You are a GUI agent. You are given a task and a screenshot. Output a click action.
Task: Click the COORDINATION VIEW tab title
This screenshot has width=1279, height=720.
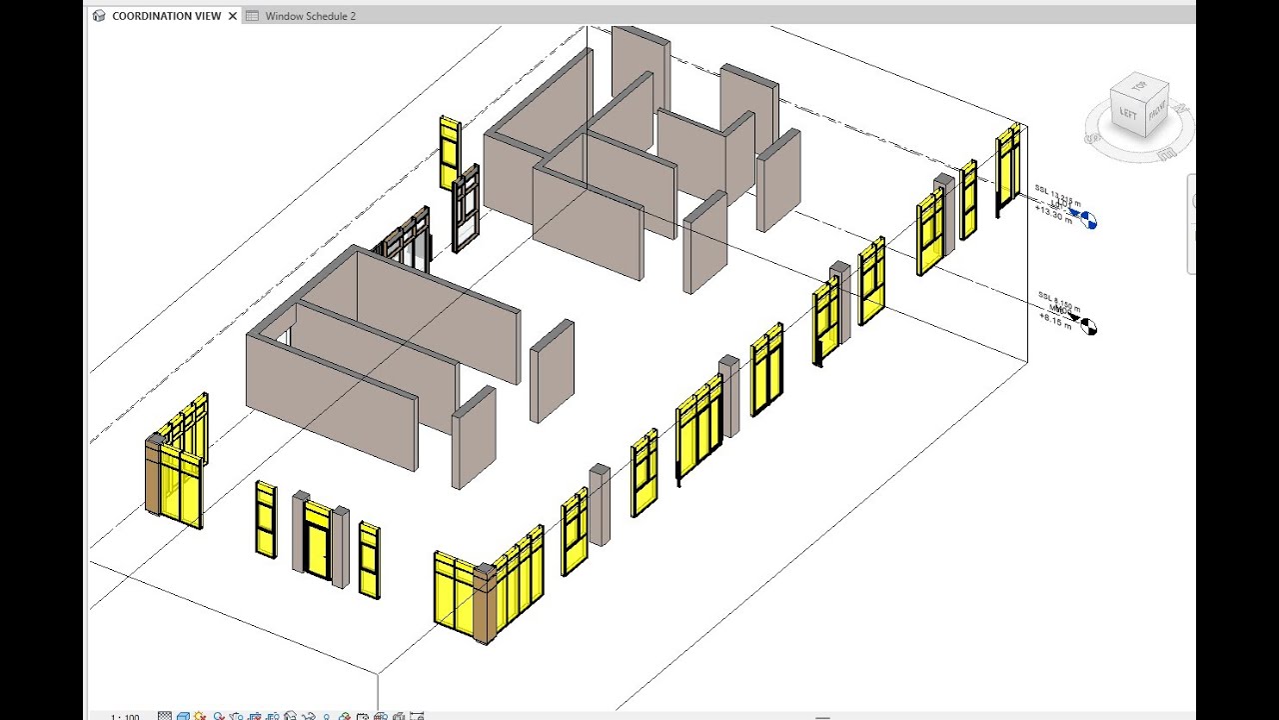[x=166, y=16]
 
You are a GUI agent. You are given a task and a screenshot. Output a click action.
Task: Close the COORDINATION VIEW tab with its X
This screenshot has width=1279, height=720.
[x=233, y=16]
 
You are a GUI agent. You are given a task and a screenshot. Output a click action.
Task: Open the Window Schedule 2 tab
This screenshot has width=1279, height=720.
[x=310, y=16]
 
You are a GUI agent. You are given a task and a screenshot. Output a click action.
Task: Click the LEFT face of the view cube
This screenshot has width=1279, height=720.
[x=1129, y=112]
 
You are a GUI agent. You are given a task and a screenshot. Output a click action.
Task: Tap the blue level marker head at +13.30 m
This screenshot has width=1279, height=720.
[x=1086, y=219]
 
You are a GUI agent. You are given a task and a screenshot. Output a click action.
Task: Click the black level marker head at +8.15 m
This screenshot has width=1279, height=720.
[x=1086, y=325]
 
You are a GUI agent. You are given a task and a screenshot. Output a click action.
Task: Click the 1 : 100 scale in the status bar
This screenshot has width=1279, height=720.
[x=125, y=716]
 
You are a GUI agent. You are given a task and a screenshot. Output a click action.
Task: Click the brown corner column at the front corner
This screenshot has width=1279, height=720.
[x=486, y=604]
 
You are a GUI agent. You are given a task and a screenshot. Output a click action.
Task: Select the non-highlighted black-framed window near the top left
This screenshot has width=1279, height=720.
[x=465, y=210]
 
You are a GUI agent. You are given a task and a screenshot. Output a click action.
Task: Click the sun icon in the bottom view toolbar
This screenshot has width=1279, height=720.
[x=201, y=716]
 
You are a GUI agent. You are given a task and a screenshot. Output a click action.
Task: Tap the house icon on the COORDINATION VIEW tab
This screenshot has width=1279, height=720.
[x=99, y=16]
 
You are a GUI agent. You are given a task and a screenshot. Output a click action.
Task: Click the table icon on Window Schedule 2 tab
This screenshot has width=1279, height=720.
[x=252, y=16]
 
